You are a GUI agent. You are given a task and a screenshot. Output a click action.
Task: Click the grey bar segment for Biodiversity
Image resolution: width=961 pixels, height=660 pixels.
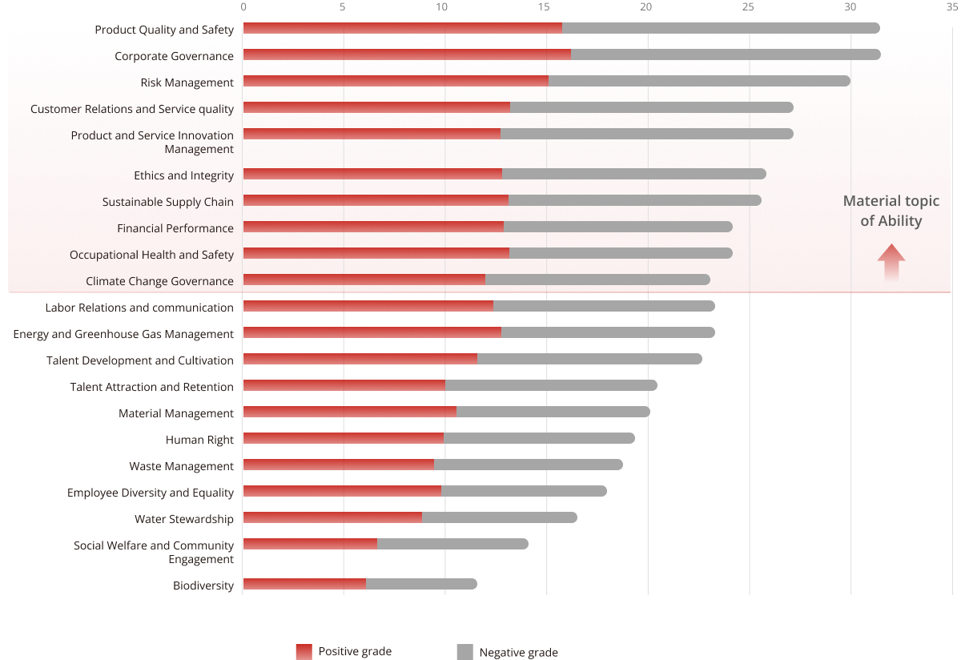[421, 584]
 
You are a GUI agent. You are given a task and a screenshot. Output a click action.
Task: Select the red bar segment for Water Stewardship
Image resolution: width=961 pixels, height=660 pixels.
[332, 517]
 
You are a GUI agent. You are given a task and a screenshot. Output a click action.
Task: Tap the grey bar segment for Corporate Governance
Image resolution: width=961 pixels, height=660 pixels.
[725, 54]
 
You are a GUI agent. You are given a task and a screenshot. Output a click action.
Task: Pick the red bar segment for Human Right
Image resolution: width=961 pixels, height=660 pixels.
[343, 438]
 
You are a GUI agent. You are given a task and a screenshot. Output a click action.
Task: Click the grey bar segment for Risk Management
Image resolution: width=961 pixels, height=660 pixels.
[699, 81]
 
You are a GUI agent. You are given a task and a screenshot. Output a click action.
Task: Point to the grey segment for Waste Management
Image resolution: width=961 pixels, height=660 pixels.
[528, 465]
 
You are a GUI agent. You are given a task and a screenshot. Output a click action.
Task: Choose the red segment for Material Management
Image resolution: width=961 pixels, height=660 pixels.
[349, 412]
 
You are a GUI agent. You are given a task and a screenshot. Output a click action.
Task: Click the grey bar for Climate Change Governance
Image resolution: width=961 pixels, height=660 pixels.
[597, 280]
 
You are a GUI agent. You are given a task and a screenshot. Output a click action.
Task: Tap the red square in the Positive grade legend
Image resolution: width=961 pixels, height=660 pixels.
[304, 652]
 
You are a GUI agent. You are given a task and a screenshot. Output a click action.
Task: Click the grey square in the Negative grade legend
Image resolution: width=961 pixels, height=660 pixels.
[464, 652]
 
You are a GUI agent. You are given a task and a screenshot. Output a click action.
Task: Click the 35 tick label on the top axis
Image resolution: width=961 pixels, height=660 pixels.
[951, 6]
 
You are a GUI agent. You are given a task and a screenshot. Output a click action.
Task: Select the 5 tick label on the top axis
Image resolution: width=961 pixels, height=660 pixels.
[343, 6]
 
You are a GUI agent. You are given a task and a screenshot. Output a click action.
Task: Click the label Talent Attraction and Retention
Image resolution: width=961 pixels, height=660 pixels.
[151, 387]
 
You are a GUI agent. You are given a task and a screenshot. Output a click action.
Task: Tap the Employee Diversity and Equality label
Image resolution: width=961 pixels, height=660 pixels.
[151, 493]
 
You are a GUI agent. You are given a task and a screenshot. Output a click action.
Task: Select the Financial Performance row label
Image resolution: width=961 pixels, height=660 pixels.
[175, 228]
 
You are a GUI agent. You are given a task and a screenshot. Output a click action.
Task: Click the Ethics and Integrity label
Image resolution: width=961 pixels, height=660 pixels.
[183, 175]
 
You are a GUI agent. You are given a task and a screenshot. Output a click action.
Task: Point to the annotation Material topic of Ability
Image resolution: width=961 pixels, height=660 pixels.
[891, 211]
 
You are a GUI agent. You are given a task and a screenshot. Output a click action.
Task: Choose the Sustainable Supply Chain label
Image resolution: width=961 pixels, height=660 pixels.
[167, 202]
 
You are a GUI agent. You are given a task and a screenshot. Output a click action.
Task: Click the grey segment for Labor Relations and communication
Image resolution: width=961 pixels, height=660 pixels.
[604, 306]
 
